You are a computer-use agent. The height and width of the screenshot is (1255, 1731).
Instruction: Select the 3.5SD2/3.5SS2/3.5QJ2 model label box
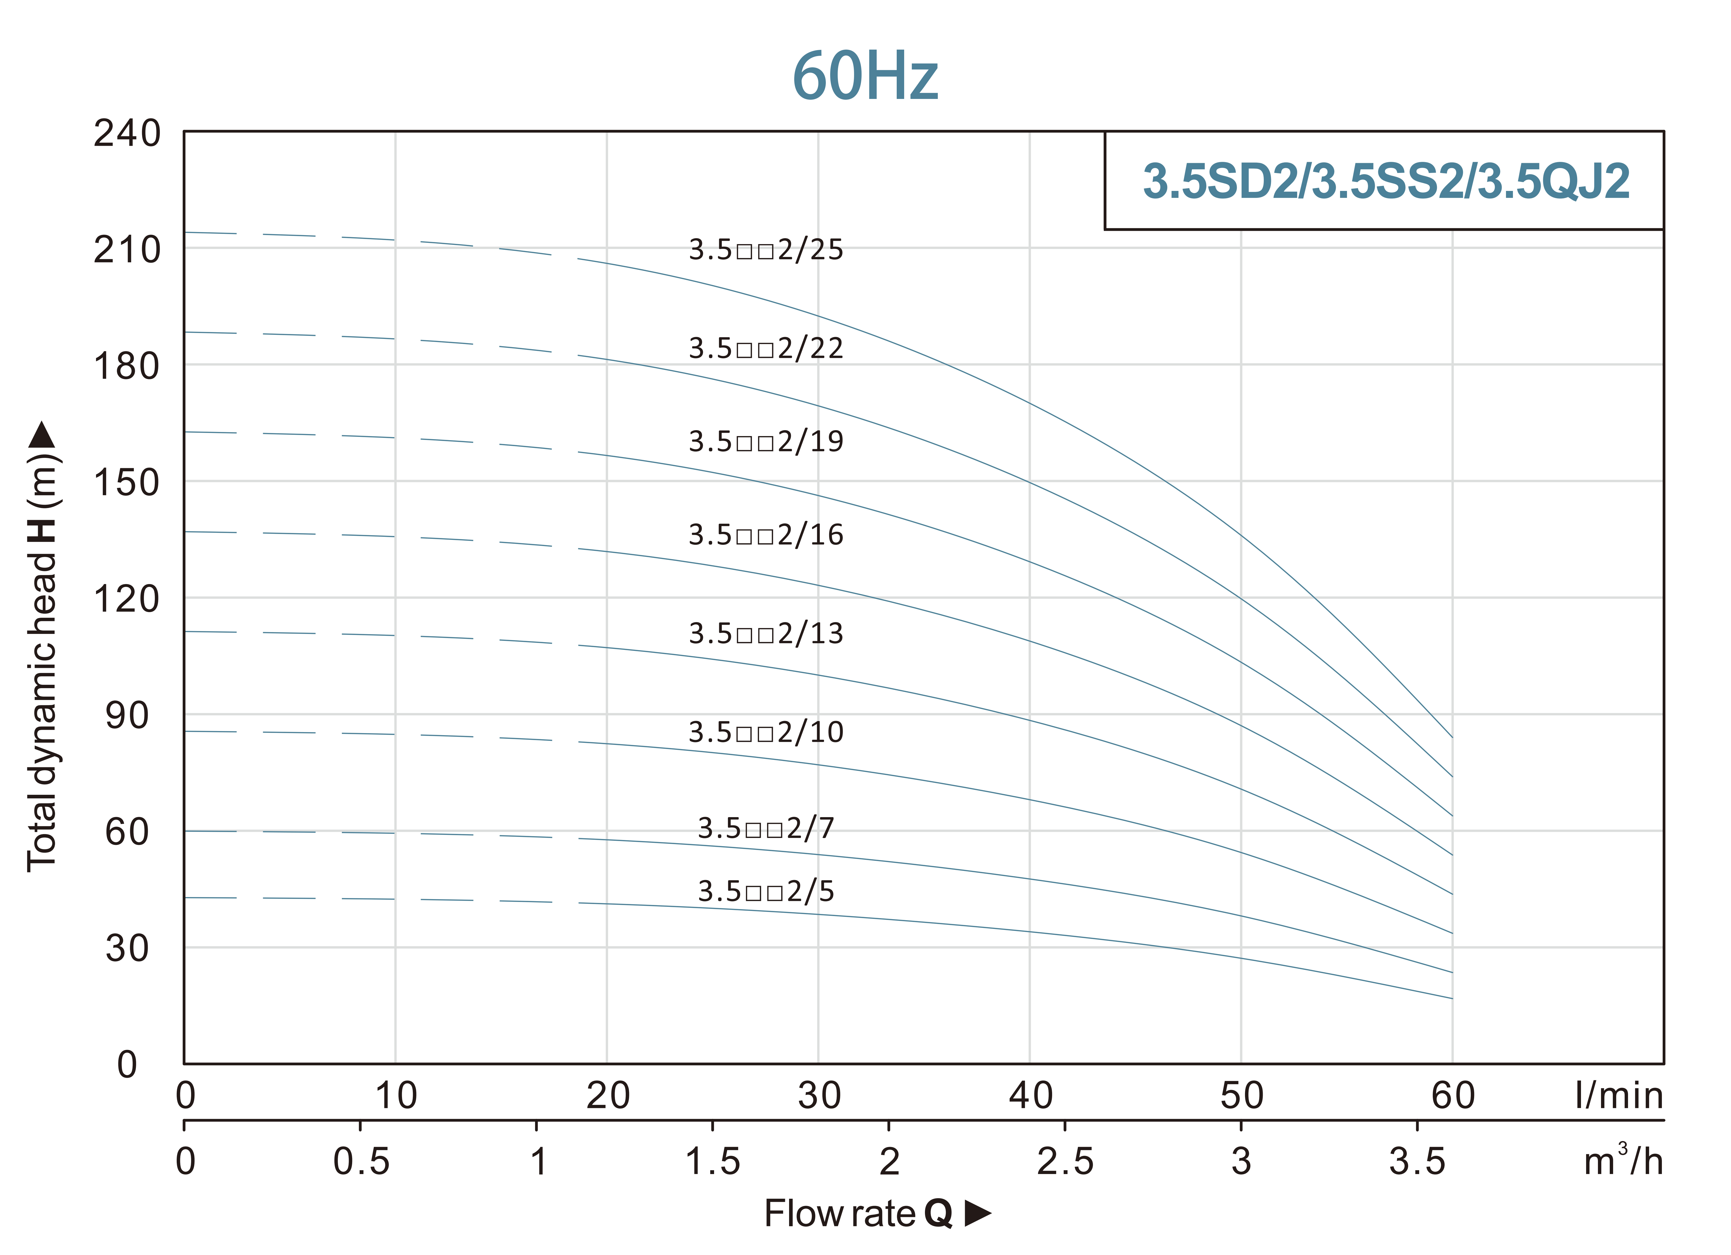[x=1384, y=181]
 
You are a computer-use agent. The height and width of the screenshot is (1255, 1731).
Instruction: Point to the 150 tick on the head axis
[x=127, y=483]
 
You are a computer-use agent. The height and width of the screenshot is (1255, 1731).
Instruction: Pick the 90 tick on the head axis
[x=127, y=716]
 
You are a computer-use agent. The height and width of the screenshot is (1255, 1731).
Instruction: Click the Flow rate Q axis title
[x=877, y=1214]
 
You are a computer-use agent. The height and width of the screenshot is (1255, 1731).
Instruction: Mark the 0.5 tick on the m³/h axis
[x=361, y=1162]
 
